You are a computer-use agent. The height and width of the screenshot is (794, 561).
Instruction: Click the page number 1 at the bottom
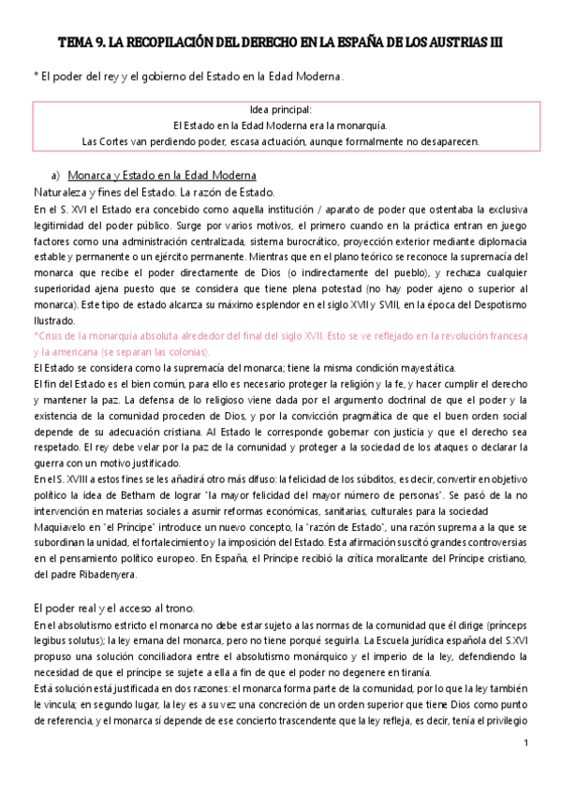(526, 743)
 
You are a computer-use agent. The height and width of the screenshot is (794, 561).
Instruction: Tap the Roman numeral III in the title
(496, 43)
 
